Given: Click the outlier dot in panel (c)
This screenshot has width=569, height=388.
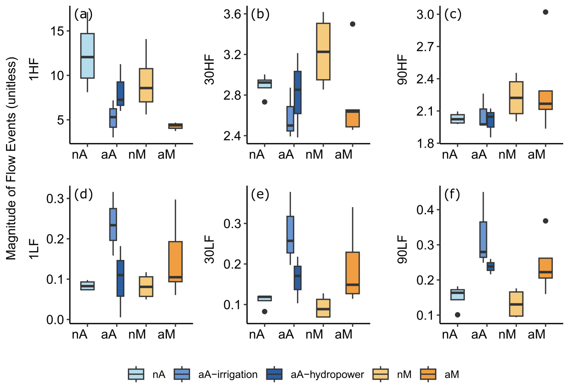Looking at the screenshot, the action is click(x=545, y=12).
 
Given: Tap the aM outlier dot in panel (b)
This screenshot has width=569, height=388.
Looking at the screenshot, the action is click(x=352, y=24).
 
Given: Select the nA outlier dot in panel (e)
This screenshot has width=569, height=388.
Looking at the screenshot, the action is click(x=264, y=312).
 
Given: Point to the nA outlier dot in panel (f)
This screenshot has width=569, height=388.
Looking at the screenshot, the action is click(x=457, y=315).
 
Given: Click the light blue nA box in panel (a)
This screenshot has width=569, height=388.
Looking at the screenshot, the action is click(x=87, y=56).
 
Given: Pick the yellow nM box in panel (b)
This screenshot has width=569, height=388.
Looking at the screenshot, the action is click(x=323, y=51).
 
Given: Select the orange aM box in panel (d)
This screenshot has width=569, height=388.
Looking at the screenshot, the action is click(x=175, y=262).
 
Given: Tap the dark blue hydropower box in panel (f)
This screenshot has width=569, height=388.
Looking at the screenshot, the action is click(x=491, y=266).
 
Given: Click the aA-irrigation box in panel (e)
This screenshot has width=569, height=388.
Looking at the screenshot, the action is click(x=290, y=234).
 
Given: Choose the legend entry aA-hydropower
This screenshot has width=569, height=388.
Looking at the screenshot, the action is click(x=315, y=374).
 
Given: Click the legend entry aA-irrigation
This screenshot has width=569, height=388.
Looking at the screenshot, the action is click(x=216, y=374).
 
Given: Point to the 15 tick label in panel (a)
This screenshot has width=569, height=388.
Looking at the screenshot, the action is click(x=57, y=31).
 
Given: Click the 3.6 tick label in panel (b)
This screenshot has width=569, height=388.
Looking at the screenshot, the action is click(x=232, y=14).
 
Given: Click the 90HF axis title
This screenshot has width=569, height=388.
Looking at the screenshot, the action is click(x=402, y=70).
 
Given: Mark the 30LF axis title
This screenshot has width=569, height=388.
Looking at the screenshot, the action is click(x=209, y=249).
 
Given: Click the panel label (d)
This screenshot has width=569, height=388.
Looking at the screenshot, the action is click(x=83, y=194).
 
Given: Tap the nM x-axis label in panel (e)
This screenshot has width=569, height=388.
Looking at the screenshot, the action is click(x=314, y=334).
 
